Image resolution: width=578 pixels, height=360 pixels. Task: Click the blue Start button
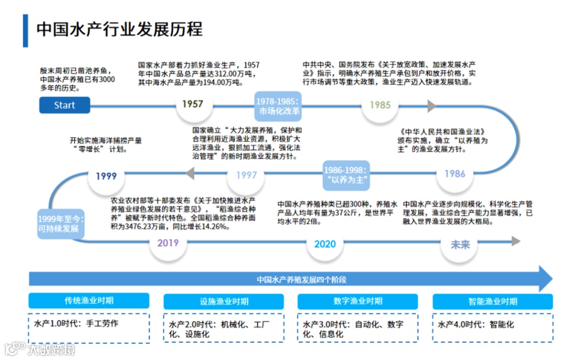64,105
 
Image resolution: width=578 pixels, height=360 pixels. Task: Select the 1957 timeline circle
192,104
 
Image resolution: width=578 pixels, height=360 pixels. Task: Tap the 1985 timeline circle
380,105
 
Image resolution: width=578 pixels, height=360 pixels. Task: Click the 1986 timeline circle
455,174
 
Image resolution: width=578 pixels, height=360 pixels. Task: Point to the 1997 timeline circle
246,175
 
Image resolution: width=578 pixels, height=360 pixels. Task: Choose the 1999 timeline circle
106,175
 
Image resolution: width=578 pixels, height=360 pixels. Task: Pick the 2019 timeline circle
168,243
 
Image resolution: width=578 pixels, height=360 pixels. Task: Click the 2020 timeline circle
325,244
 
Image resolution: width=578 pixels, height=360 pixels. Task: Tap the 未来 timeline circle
460,244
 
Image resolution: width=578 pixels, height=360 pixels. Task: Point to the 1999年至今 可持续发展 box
58,224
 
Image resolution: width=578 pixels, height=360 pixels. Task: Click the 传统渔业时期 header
89,301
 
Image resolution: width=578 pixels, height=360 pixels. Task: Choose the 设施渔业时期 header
224,301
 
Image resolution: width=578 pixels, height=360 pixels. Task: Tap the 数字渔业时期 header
358,301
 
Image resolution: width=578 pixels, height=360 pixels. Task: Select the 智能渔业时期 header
492,301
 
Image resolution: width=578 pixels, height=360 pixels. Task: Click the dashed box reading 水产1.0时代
89,328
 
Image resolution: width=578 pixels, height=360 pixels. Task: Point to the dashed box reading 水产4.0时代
492,328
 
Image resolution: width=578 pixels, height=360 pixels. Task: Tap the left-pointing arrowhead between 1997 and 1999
190,173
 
